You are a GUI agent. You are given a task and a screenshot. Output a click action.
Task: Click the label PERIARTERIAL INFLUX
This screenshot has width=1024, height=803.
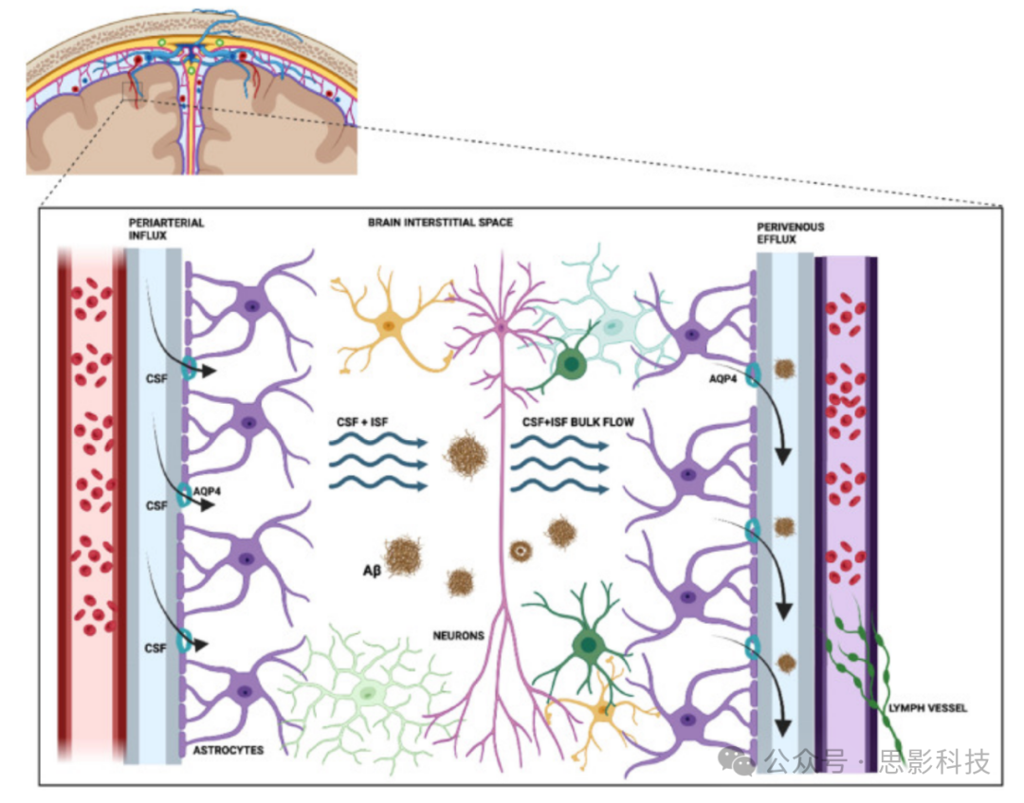[x=166, y=228]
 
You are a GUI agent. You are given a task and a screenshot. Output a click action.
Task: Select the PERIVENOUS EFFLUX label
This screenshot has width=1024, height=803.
[x=790, y=234]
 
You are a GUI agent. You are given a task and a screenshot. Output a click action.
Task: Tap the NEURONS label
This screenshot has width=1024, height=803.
[x=458, y=635]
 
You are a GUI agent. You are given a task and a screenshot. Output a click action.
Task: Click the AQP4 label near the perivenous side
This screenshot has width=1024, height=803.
[x=722, y=376]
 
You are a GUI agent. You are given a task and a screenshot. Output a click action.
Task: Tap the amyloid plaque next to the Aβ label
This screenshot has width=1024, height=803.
[x=404, y=555]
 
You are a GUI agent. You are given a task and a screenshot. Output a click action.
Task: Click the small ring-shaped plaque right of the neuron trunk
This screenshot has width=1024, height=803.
[x=520, y=549]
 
